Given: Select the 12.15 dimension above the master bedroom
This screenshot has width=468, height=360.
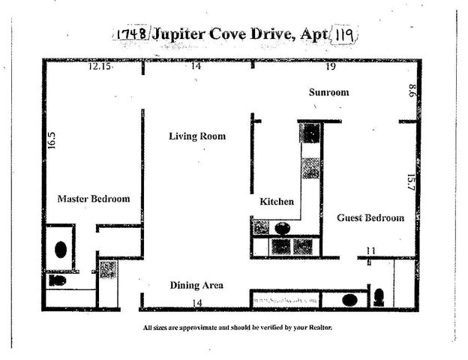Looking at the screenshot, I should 98,67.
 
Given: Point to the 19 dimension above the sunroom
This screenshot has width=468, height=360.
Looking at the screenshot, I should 330,67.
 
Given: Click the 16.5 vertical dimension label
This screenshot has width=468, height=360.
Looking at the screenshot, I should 52,141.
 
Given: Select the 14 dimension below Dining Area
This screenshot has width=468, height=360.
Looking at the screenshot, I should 196,301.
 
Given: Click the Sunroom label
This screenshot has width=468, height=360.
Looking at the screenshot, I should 329,92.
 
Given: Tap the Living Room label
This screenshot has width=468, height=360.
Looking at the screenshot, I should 196,136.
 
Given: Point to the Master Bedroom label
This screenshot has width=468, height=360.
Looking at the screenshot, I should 94,199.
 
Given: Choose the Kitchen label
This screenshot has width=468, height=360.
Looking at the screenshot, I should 276,202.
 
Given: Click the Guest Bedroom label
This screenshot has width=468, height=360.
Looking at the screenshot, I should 370,217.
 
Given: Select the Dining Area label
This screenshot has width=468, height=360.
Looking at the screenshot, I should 196,285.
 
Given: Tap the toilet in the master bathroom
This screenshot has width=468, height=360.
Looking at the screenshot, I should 58,280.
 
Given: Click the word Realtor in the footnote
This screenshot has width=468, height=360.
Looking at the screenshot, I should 316,328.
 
